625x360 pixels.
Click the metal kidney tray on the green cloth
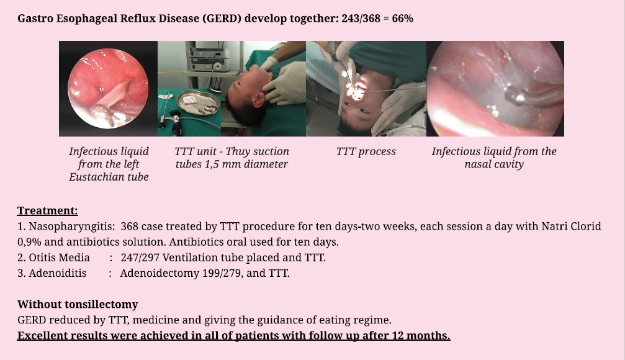[198, 102]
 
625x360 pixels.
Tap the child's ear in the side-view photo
[259, 100]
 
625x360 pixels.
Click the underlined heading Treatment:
[47, 210]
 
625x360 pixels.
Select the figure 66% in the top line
[403, 19]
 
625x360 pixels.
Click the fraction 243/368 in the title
[361, 19]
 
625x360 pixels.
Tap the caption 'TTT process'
[366, 151]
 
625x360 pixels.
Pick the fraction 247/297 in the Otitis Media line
[140, 258]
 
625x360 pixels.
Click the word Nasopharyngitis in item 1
[72, 227]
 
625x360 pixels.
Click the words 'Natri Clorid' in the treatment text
[571, 227]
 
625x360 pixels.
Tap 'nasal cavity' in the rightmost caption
[494, 164]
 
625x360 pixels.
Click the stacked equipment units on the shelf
[210, 58]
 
